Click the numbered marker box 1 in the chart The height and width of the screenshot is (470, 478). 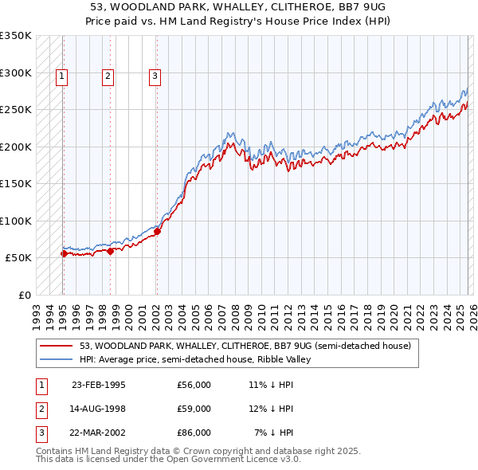pos(61,76)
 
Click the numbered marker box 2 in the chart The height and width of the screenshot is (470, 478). pos(108,76)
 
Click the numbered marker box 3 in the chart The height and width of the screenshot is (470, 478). pos(155,76)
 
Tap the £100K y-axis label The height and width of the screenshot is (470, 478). pos(16,221)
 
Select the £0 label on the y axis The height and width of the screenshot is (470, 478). pos(24,295)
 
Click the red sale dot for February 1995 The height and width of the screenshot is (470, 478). pos(64,253)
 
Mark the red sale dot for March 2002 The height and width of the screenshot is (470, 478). pos(157,232)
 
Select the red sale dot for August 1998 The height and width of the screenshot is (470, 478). pos(110,251)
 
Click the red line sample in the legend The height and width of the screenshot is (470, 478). pos(55,346)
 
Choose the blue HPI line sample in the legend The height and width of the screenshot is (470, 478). pos(55,359)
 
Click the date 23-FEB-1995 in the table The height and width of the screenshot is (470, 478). pos(99,384)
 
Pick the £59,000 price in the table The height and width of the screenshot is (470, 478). pos(194,409)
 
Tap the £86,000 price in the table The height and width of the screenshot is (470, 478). pos(194,433)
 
